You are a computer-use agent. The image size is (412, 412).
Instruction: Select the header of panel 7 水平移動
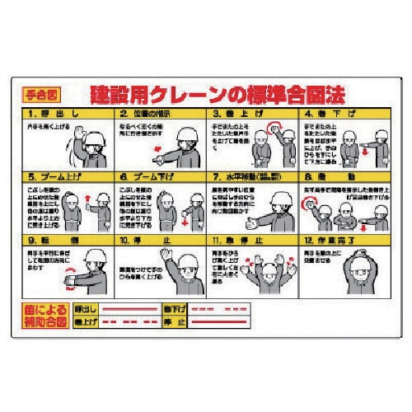tap(255, 175)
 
